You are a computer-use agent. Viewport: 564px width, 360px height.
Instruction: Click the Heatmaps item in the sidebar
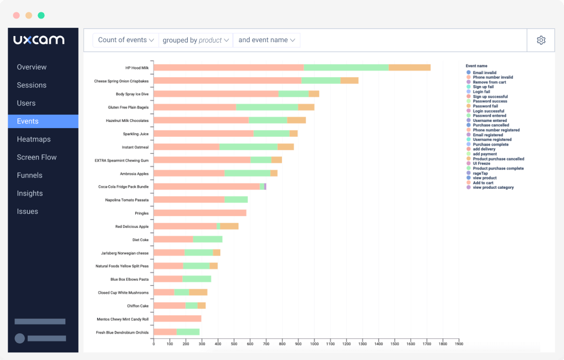[x=34, y=139]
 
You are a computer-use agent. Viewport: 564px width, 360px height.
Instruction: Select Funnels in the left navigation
[x=30, y=175]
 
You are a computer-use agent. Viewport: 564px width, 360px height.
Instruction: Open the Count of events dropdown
[x=126, y=40]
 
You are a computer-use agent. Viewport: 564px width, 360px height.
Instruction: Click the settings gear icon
[x=541, y=40]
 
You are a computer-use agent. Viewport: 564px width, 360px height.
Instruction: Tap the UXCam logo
[x=39, y=40]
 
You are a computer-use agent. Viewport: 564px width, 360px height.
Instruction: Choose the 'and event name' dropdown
[x=267, y=40]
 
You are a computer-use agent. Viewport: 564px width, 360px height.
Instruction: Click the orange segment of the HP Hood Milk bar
[x=409, y=67]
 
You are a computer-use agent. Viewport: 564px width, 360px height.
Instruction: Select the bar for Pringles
[x=200, y=213]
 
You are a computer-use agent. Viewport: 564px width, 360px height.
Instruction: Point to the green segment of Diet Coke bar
[x=207, y=239]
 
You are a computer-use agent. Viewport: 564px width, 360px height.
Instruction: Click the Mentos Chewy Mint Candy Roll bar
[x=177, y=319]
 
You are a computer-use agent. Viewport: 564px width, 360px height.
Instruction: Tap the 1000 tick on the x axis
[x=314, y=344]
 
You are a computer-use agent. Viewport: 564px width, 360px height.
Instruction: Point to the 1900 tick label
[x=459, y=344]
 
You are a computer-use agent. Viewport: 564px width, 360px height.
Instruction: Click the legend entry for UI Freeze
[x=482, y=164]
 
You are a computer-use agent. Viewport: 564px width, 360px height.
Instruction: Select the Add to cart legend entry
[x=484, y=183]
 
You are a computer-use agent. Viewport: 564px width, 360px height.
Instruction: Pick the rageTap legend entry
[x=480, y=173]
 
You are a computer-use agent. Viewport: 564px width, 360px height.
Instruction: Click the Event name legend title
[x=476, y=66]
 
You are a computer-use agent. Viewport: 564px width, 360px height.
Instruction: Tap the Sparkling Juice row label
[x=135, y=134]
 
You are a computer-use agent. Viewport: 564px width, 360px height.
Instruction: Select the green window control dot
[x=41, y=15]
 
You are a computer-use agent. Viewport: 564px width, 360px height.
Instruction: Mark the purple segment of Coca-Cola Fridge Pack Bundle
[x=265, y=187]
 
